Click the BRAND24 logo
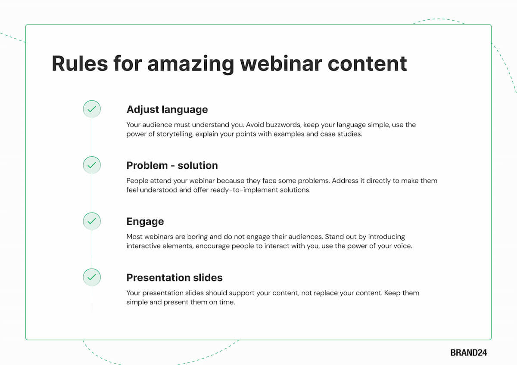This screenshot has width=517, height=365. (x=468, y=353)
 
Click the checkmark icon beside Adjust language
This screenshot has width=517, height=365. (x=92, y=109)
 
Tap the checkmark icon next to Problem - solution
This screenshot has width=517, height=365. (x=92, y=165)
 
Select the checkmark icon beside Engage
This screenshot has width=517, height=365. (x=92, y=221)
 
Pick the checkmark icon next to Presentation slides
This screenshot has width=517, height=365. (x=92, y=277)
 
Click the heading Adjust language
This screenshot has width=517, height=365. (x=167, y=109)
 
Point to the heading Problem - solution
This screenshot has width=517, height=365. (x=172, y=165)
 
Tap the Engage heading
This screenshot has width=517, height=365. (x=145, y=222)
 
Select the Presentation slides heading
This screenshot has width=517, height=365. (x=174, y=278)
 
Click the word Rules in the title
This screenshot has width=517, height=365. (x=80, y=63)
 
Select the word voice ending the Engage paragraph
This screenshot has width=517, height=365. (x=402, y=246)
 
